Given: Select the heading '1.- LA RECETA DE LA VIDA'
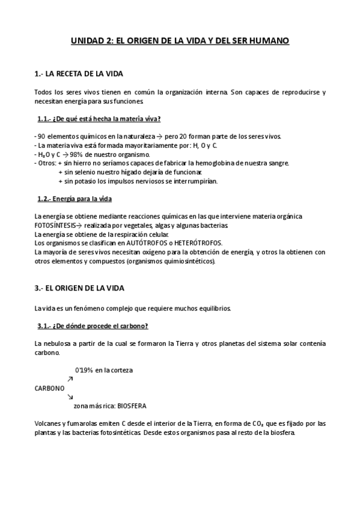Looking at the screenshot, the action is (79, 74).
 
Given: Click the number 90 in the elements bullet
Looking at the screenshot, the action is (41, 136).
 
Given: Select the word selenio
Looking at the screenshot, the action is (86, 172).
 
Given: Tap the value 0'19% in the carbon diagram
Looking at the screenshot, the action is (85, 369).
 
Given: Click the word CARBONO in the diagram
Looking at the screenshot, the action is (50, 388).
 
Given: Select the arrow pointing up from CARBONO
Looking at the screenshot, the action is (70, 379).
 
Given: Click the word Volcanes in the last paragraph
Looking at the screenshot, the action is (49, 423).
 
